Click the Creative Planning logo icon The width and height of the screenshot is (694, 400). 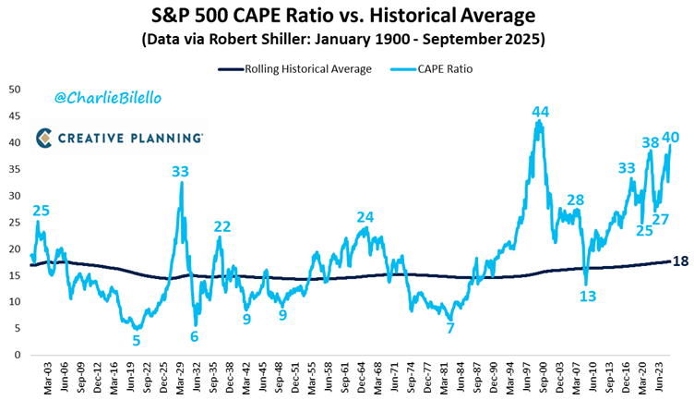point(44,138)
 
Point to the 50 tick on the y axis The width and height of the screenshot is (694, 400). point(16,90)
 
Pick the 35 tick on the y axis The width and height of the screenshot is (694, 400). point(16,169)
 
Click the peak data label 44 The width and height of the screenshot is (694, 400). point(541,112)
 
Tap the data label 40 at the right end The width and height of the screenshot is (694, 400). point(671,138)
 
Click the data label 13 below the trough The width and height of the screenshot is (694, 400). point(588,296)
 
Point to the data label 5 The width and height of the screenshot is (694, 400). point(137,340)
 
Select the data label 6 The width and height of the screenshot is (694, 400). point(195,336)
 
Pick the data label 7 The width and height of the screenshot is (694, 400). point(450,328)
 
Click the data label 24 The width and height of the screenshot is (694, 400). point(365,217)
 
